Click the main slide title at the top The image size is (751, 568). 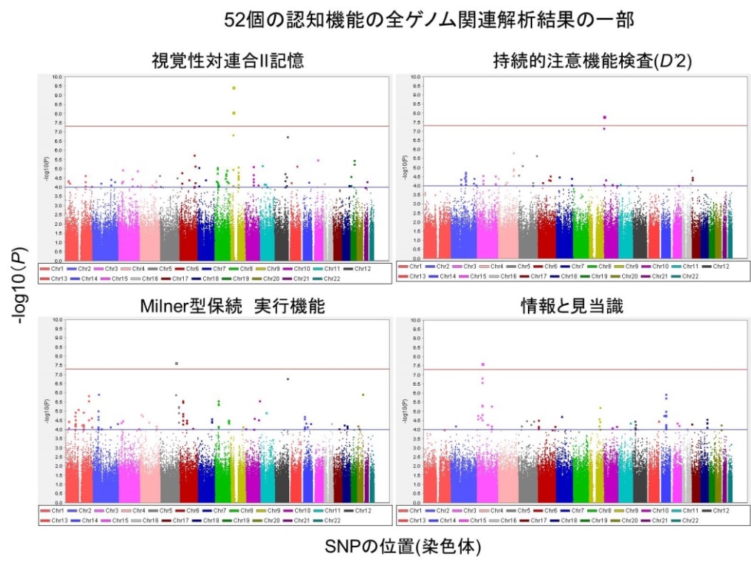tap(429, 19)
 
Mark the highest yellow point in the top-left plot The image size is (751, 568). tap(234, 88)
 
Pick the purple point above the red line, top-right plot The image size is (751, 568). tap(605, 117)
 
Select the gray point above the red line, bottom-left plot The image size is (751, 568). tap(176, 364)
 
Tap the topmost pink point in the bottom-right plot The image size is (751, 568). tap(483, 364)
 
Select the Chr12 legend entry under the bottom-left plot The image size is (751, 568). tap(359, 510)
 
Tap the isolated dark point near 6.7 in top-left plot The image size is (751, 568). tap(287, 138)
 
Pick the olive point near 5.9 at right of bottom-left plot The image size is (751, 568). tap(363, 395)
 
